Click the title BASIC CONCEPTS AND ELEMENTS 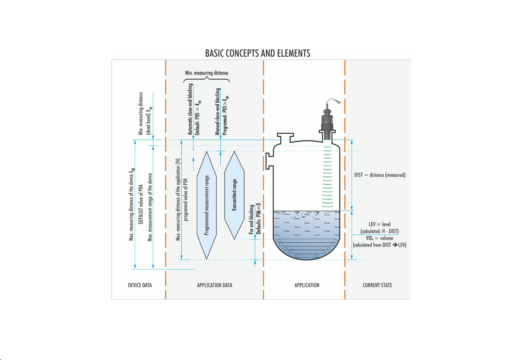258,54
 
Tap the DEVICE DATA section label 140,285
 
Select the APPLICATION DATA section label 214,285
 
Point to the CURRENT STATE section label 377,285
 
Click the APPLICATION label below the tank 307,285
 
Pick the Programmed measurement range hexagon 207,205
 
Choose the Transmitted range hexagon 234,195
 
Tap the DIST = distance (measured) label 380,175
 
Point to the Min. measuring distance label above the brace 207,73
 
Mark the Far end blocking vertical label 252,219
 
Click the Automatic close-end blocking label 190,109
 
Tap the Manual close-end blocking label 218,111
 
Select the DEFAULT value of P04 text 141,204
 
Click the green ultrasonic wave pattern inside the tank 327,176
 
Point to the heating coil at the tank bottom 307,248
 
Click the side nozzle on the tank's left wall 269,161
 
